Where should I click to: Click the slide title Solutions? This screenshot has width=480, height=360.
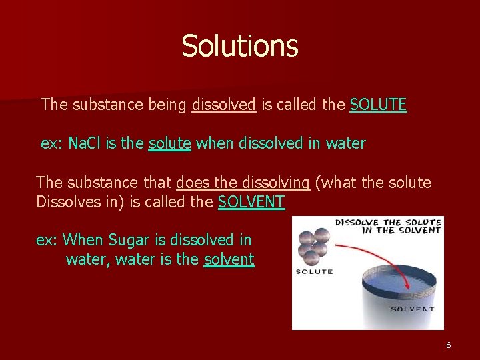coord(239,46)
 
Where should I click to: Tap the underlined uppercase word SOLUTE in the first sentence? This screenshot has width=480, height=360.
coord(378,105)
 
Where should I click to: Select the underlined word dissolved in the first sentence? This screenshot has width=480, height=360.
coord(224,105)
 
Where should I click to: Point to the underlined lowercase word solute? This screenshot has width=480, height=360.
coord(170,143)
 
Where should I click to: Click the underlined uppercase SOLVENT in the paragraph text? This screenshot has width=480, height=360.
coord(251,202)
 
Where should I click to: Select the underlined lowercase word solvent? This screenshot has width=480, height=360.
coord(229,259)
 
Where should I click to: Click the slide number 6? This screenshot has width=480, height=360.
coord(449,345)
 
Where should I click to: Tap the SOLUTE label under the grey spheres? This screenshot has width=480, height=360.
coord(314,272)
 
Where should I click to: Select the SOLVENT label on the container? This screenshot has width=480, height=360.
coord(411,309)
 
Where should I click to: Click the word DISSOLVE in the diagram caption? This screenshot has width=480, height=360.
coord(357,223)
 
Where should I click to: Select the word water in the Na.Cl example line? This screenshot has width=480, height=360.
coord(345,143)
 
